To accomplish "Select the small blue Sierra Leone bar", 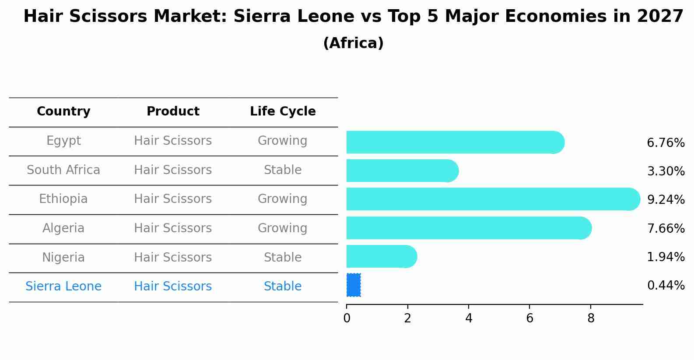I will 354,285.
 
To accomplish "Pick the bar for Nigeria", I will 381,256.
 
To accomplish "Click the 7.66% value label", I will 666,228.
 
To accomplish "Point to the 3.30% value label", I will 666,171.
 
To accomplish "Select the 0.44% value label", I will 666,286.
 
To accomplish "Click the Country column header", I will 63,112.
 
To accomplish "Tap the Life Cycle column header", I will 283,112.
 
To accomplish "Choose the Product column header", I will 173,112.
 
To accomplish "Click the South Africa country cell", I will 63,170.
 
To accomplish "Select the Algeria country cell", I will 63,228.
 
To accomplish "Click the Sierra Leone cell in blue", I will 63,286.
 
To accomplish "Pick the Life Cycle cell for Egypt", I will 283,140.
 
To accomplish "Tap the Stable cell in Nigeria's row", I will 283,257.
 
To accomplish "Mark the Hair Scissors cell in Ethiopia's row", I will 173,199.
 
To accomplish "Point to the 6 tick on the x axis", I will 529,318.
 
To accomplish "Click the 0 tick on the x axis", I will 347,318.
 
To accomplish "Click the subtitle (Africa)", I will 353,43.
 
